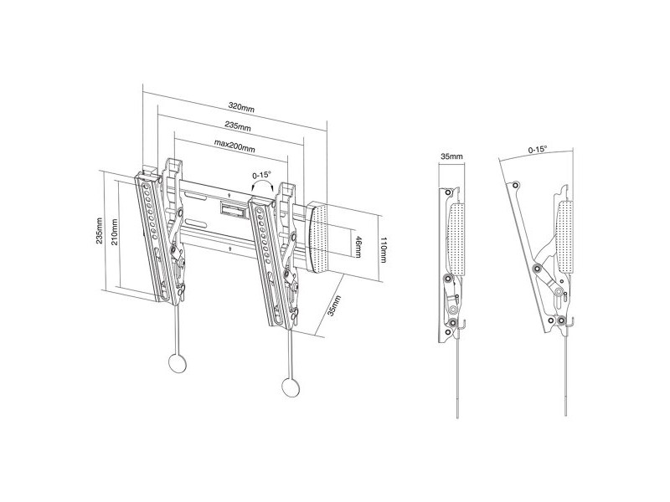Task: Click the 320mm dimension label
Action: [x=241, y=107]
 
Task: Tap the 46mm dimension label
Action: [x=358, y=247]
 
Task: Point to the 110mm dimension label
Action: [x=383, y=249]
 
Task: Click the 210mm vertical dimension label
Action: [x=114, y=232]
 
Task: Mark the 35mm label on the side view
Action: [x=451, y=156]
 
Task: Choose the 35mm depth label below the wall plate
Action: [x=334, y=305]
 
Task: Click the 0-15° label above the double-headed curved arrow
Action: [x=261, y=175]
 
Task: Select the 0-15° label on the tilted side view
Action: [x=538, y=150]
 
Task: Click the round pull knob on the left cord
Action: [x=178, y=363]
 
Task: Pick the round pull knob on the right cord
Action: [x=291, y=387]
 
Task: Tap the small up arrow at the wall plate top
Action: [x=229, y=195]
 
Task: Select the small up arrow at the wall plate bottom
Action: [x=229, y=248]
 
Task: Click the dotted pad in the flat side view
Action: [x=457, y=239]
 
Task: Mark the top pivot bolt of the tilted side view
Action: [x=516, y=185]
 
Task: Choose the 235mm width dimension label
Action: [x=238, y=126]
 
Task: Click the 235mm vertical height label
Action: [x=99, y=231]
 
